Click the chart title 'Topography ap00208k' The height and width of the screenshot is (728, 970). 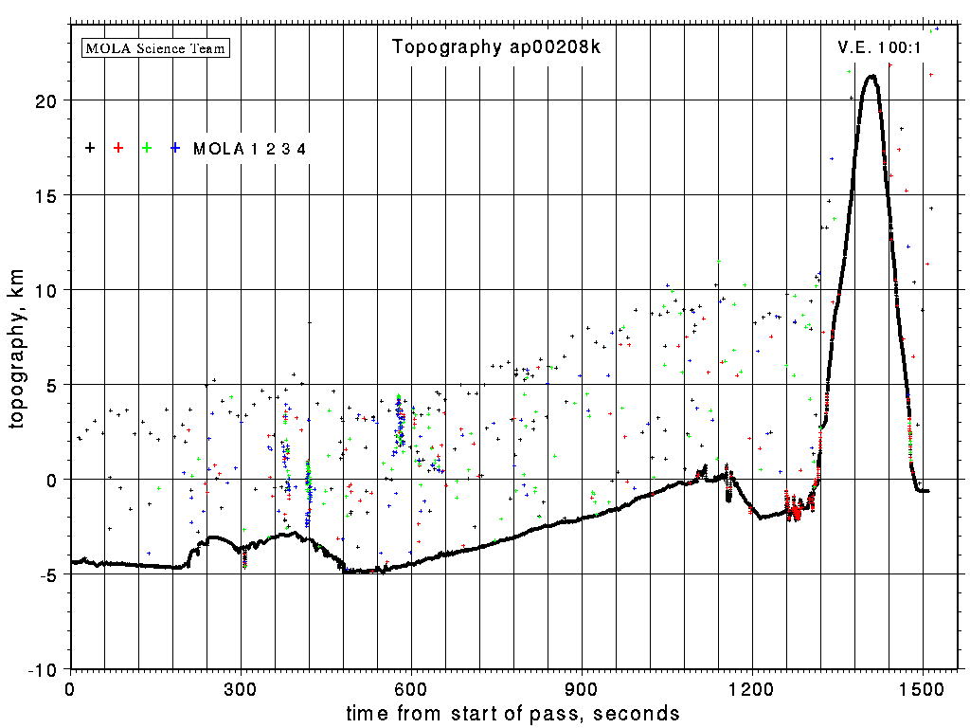496,47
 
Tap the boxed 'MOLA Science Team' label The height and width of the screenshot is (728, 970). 156,47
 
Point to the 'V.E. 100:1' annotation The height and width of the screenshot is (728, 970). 879,47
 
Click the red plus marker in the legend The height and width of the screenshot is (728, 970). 118,148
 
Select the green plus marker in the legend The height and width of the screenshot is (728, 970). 147,148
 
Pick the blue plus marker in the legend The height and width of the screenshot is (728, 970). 175,148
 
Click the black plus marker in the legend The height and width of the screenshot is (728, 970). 90,148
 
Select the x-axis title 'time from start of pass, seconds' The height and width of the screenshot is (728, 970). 512,713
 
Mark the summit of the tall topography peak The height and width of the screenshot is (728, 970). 871,77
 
